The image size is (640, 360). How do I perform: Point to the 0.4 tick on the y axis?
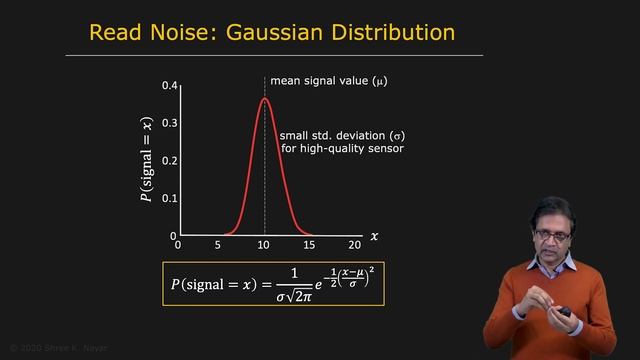pyautogui.click(x=170, y=86)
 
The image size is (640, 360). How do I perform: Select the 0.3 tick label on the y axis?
pyautogui.click(x=170, y=124)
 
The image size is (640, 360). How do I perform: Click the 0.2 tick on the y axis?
pyautogui.click(x=170, y=161)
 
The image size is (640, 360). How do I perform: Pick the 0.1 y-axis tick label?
pyautogui.click(x=170, y=199)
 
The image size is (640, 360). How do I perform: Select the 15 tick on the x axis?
pyautogui.click(x=309, y=245)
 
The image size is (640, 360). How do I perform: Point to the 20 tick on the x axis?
pyautogui.click(x=354, y=245)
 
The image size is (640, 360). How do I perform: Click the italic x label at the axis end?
pyautogui.click(x=375, y=237)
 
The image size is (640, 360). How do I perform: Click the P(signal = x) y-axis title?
pyautogui.click(x=147, y=161)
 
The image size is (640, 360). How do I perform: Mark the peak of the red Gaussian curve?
pyautogui.click(x=265, y=98)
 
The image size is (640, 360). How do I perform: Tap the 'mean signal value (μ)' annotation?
pyautogui.click(x=328, y=80)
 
